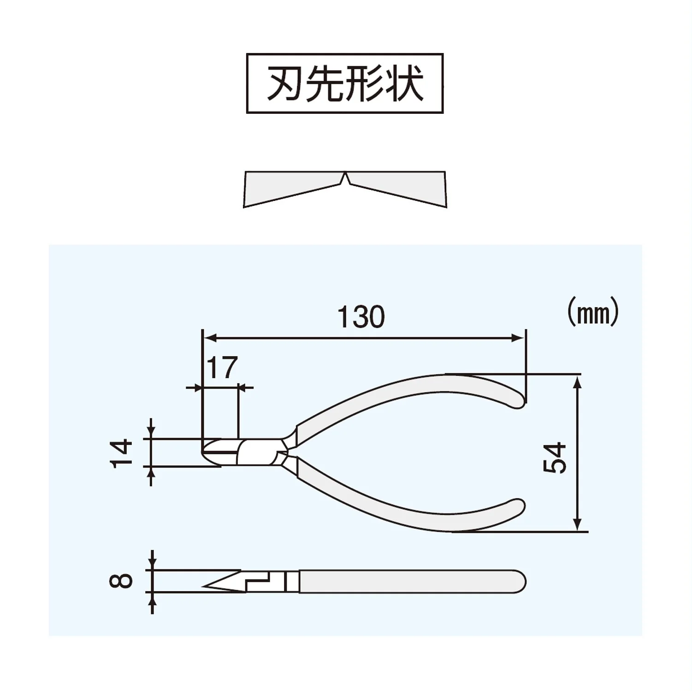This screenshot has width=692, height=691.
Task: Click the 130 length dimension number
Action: pyautogui.click(x=361, y=317)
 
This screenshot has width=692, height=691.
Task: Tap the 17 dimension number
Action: pyautogui.click(x=222, y=367)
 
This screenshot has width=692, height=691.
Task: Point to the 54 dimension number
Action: pyautogui.click(x=555, y=457)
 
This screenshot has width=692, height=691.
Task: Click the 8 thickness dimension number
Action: pyautogui.click(x=121, y=581)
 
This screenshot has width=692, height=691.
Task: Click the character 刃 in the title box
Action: pyautogui.click(x=284, y=83)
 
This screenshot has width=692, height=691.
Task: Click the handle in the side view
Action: pyautogui.click(x=412, y=581)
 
